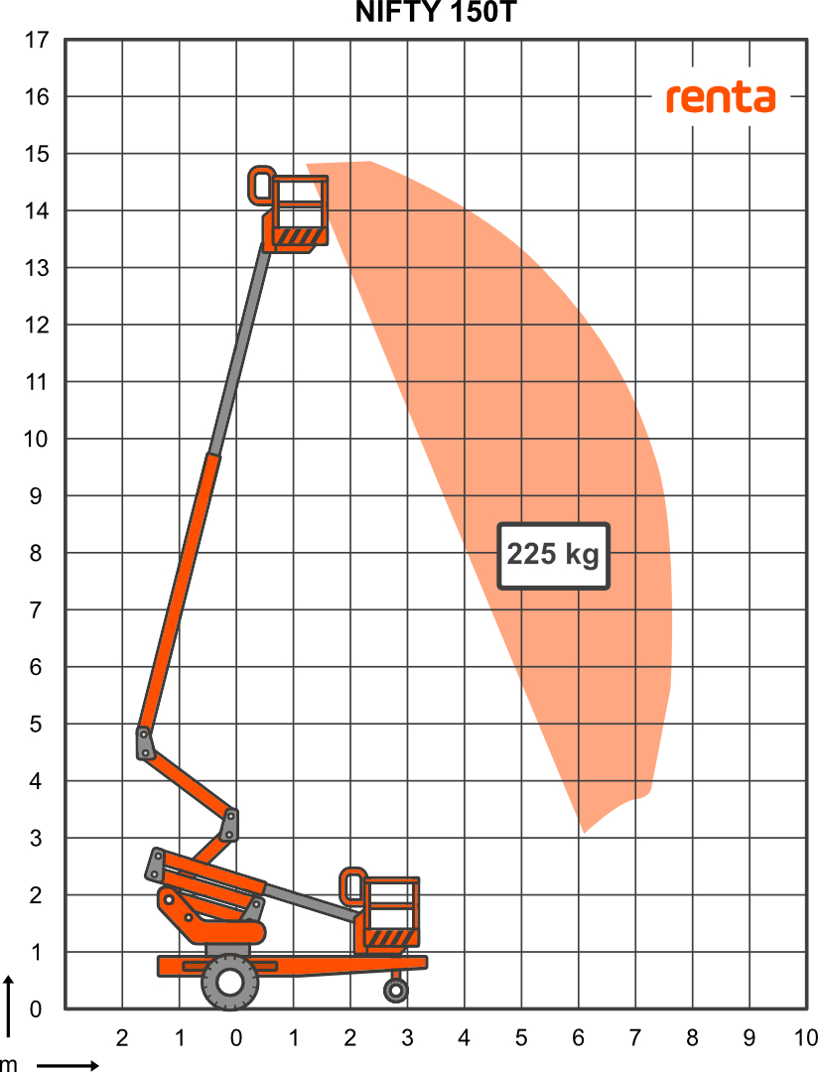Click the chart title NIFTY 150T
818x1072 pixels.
[436, 12]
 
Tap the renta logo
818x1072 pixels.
[721, 97]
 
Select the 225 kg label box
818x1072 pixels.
[553, 556]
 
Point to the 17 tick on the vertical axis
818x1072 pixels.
[37, 41]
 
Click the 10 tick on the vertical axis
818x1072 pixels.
[37, 439]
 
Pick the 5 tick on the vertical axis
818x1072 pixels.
[36, 724]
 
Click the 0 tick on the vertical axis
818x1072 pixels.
[36, 1008]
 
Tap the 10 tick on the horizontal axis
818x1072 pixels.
[806, 1038]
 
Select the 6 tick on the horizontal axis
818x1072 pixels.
[579, 1038]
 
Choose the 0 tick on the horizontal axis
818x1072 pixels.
[236, 1038]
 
